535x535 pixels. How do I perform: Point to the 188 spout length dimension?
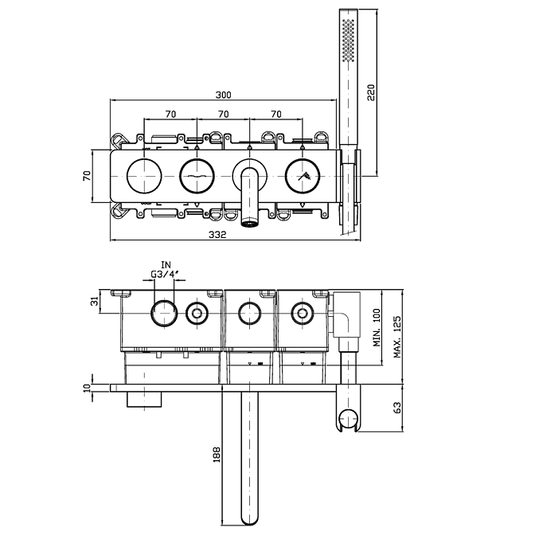(216, 455)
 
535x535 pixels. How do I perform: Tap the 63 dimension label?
(396, 407)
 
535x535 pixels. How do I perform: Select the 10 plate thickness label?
(88, 388)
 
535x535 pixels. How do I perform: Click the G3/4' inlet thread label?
(166, 276)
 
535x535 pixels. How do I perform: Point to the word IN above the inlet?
(166, 265)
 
